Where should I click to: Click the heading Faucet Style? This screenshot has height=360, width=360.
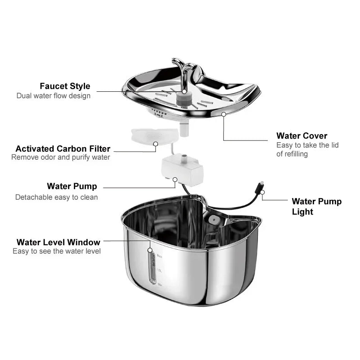[65, 86]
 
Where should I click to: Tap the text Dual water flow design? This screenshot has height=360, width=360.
[54, 96]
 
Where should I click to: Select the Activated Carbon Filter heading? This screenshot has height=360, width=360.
[63, 148]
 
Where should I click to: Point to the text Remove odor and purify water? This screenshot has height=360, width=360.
[61, 157]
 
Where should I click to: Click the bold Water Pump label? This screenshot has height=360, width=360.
[72, 186]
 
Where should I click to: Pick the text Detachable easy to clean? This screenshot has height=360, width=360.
[56, 197]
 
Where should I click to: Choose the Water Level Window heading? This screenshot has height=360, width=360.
[58, 243]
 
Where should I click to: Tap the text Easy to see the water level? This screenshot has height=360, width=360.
[57, 251]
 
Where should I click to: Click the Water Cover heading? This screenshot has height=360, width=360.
[302, 135]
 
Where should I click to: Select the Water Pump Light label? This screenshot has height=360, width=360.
[317, 207]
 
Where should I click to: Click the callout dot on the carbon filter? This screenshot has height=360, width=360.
[156, 144]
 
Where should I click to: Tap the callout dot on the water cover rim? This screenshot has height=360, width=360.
[224, 114]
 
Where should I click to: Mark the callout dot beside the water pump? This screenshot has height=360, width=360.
[175, 179]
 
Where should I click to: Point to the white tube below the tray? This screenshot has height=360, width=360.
[184, 130]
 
